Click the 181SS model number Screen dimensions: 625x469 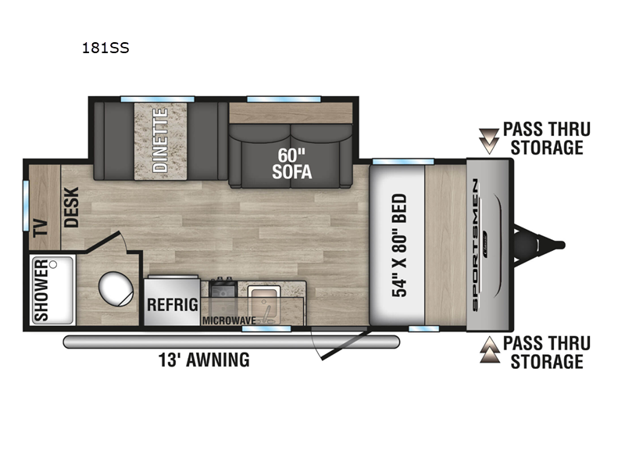105,48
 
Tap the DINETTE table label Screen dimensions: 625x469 161,141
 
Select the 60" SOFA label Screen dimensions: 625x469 292,163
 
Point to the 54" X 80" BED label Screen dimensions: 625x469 399,245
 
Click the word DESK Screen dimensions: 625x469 72,207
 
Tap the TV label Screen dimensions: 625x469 41,228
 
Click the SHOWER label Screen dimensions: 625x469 41,290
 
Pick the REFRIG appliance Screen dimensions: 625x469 172,302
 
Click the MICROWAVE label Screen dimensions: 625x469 229,320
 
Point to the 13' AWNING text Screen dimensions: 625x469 204,360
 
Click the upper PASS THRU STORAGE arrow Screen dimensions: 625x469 489,141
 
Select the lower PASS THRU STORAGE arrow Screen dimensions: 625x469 490,349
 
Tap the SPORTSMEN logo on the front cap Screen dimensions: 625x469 475,245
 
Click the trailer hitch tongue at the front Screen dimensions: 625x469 539,245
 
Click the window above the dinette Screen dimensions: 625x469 158,99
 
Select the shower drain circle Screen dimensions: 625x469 53,264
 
